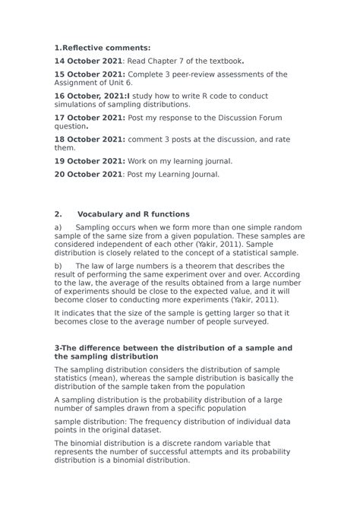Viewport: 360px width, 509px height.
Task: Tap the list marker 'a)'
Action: (x=58, y=227)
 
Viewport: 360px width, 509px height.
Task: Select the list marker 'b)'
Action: (x=58, y=265)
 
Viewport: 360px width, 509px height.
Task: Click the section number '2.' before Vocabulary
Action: (x=58, y=214)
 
